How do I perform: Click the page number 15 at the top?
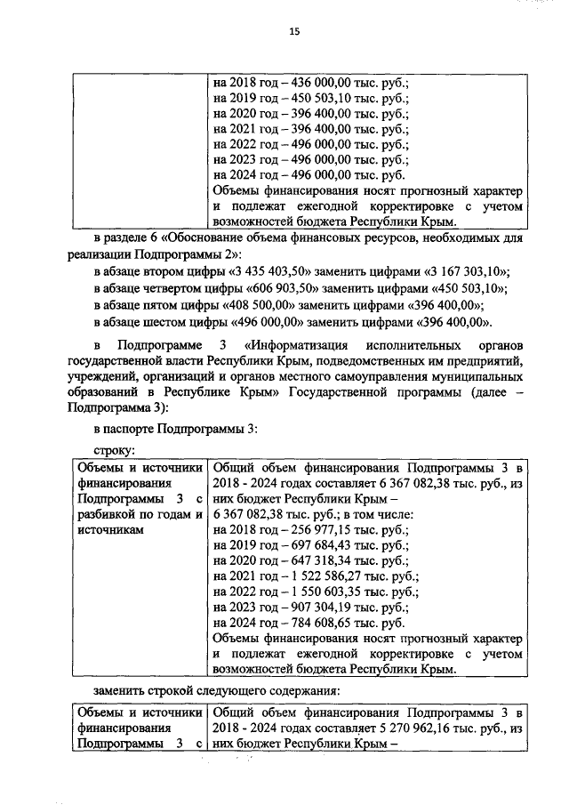click(x=294, y=32)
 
